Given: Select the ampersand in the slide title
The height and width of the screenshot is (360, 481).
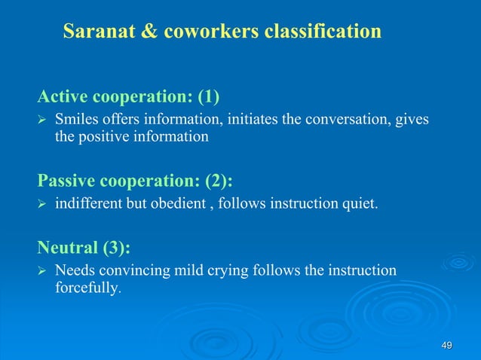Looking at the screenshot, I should click(149, 32).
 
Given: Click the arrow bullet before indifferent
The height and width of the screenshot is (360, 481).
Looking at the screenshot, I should click(42, 206).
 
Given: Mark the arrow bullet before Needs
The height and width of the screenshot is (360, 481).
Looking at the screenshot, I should click(42, 271).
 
